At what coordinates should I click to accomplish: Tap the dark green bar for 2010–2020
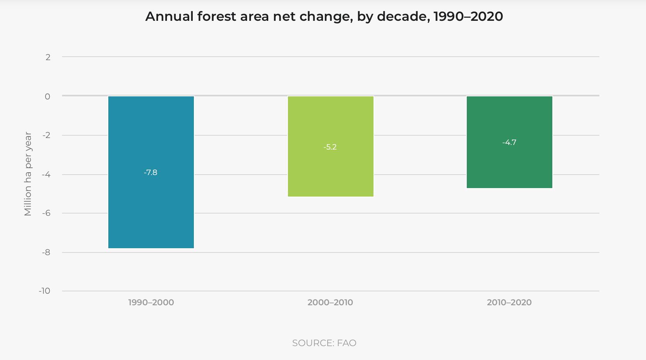(x=509, y=166)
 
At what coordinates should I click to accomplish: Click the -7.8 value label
(x=151, y=172)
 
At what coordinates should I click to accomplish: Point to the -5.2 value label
(x=330, y=147)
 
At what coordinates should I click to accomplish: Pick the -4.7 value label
(x=509, y=142)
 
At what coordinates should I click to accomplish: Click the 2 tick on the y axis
(x=48, y=57)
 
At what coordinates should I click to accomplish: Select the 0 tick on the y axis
(x=47, y=96)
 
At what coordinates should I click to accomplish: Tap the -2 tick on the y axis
(x=46, y=135)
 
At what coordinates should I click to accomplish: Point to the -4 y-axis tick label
(x=46, y=175)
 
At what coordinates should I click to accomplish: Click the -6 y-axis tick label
(x=46, y=213)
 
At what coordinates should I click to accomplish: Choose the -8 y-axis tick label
(x=46, y=252)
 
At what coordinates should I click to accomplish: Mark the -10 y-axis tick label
(x=45, y=291)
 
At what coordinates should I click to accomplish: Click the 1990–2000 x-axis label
(x=151, y=303)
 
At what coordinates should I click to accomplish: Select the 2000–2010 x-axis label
(x=330, y=303)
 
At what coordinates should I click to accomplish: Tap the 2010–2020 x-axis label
(x=509, y=303)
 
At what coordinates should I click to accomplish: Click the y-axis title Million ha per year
(x=28, y=174)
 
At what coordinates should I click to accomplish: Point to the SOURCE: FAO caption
(x=324, y=343)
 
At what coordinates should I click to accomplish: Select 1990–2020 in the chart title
(x=468, y=17)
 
